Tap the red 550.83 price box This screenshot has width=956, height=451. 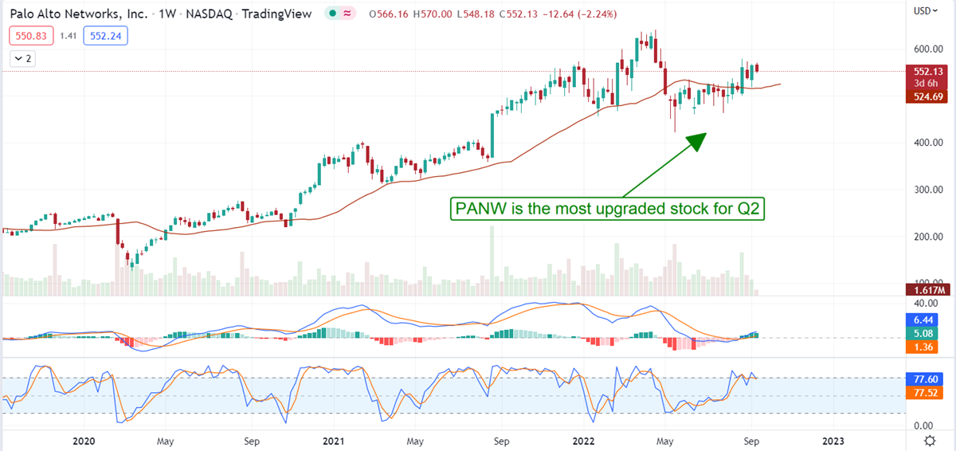click(28, 36)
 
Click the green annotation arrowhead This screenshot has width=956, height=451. click(695, 142)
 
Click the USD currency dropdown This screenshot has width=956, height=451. click(925, 11)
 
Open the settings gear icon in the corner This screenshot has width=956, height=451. click(929, 441)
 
